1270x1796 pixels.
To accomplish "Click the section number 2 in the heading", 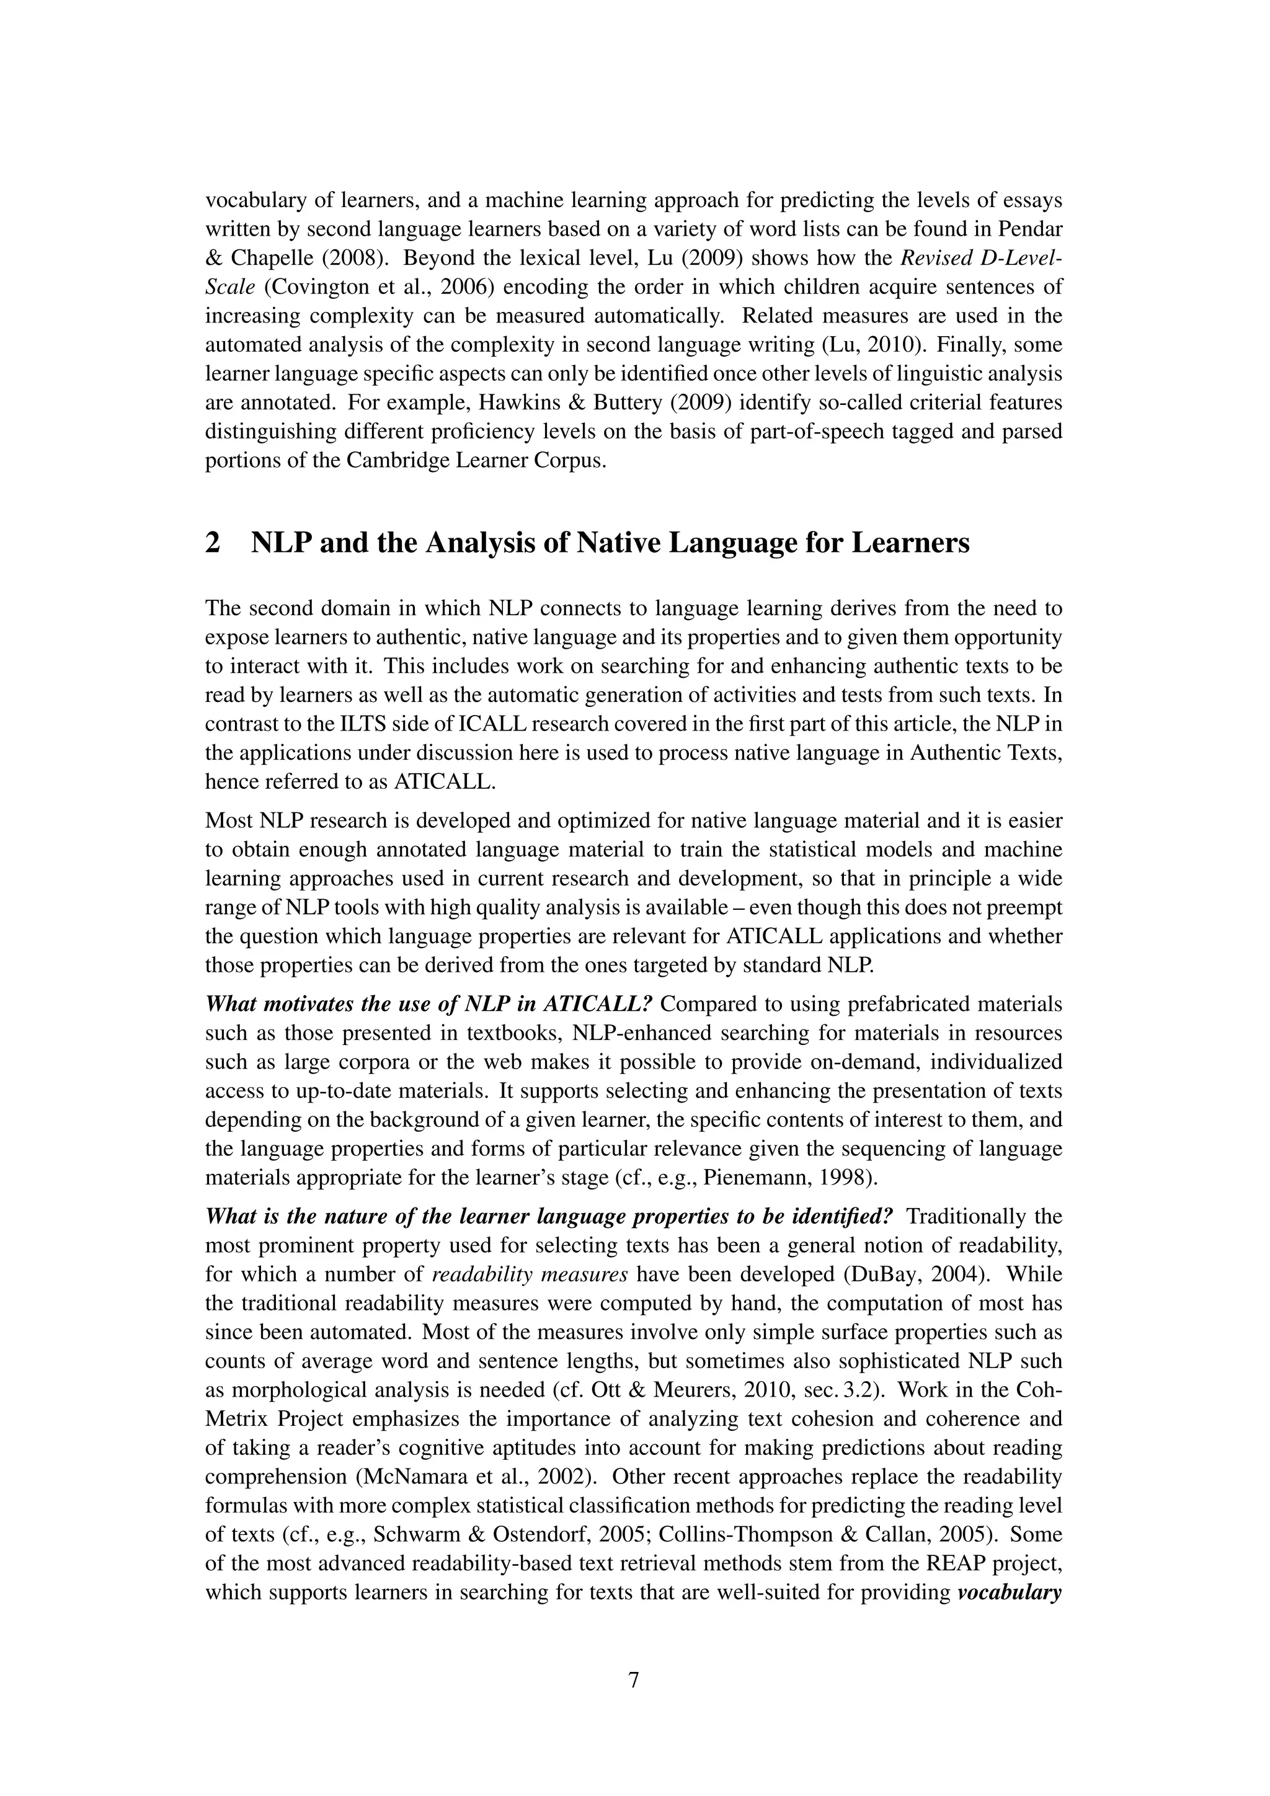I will click(212, 543).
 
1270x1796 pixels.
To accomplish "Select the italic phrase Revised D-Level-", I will click(982, 258).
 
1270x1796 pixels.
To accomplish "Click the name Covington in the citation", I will click(309, 287).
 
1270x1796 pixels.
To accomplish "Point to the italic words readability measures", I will click(530, 1275).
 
